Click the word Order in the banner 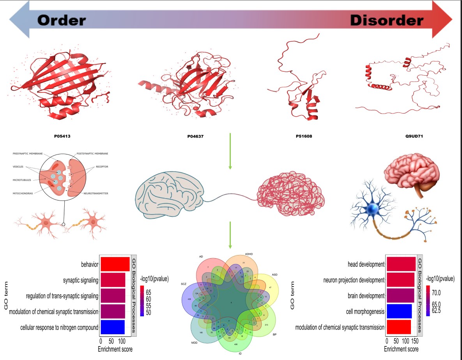tap(61, 20)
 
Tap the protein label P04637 tap(196, 137)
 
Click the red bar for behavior tap(115, 264)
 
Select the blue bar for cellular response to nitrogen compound tap(112, 327)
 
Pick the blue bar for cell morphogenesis tap(398, 311)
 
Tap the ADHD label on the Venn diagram tap(248, 254)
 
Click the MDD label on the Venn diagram tap(194, 343)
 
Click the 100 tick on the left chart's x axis tap(122, 340)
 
